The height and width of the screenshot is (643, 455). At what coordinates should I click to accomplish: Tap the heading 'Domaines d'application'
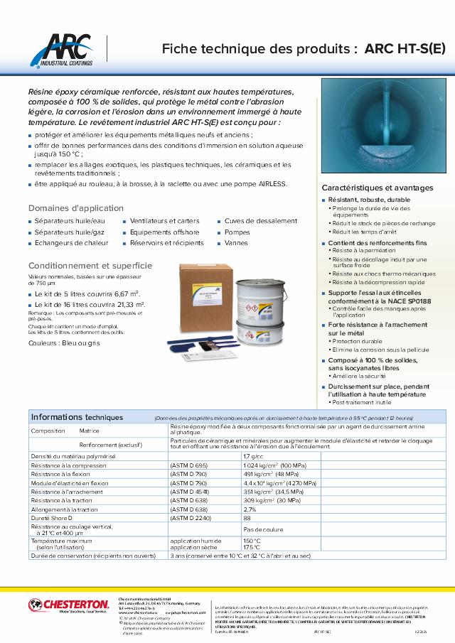point(76,208)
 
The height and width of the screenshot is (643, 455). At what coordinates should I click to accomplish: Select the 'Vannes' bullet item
point(235,243)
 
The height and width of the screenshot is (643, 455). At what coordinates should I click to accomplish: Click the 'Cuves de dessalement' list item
point(260,221)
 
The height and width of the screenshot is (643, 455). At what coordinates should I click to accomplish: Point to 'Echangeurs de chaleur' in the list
point(71,243)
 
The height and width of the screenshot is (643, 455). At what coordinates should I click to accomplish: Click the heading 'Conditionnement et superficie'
point(90,265)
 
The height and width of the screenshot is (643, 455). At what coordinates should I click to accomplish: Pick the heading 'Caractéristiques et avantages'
point(378,188)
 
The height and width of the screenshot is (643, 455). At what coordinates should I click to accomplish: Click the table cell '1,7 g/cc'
point(254,456)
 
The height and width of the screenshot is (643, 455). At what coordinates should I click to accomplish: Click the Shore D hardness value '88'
point(247,518)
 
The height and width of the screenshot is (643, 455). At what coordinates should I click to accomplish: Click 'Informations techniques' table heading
point(77,417)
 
